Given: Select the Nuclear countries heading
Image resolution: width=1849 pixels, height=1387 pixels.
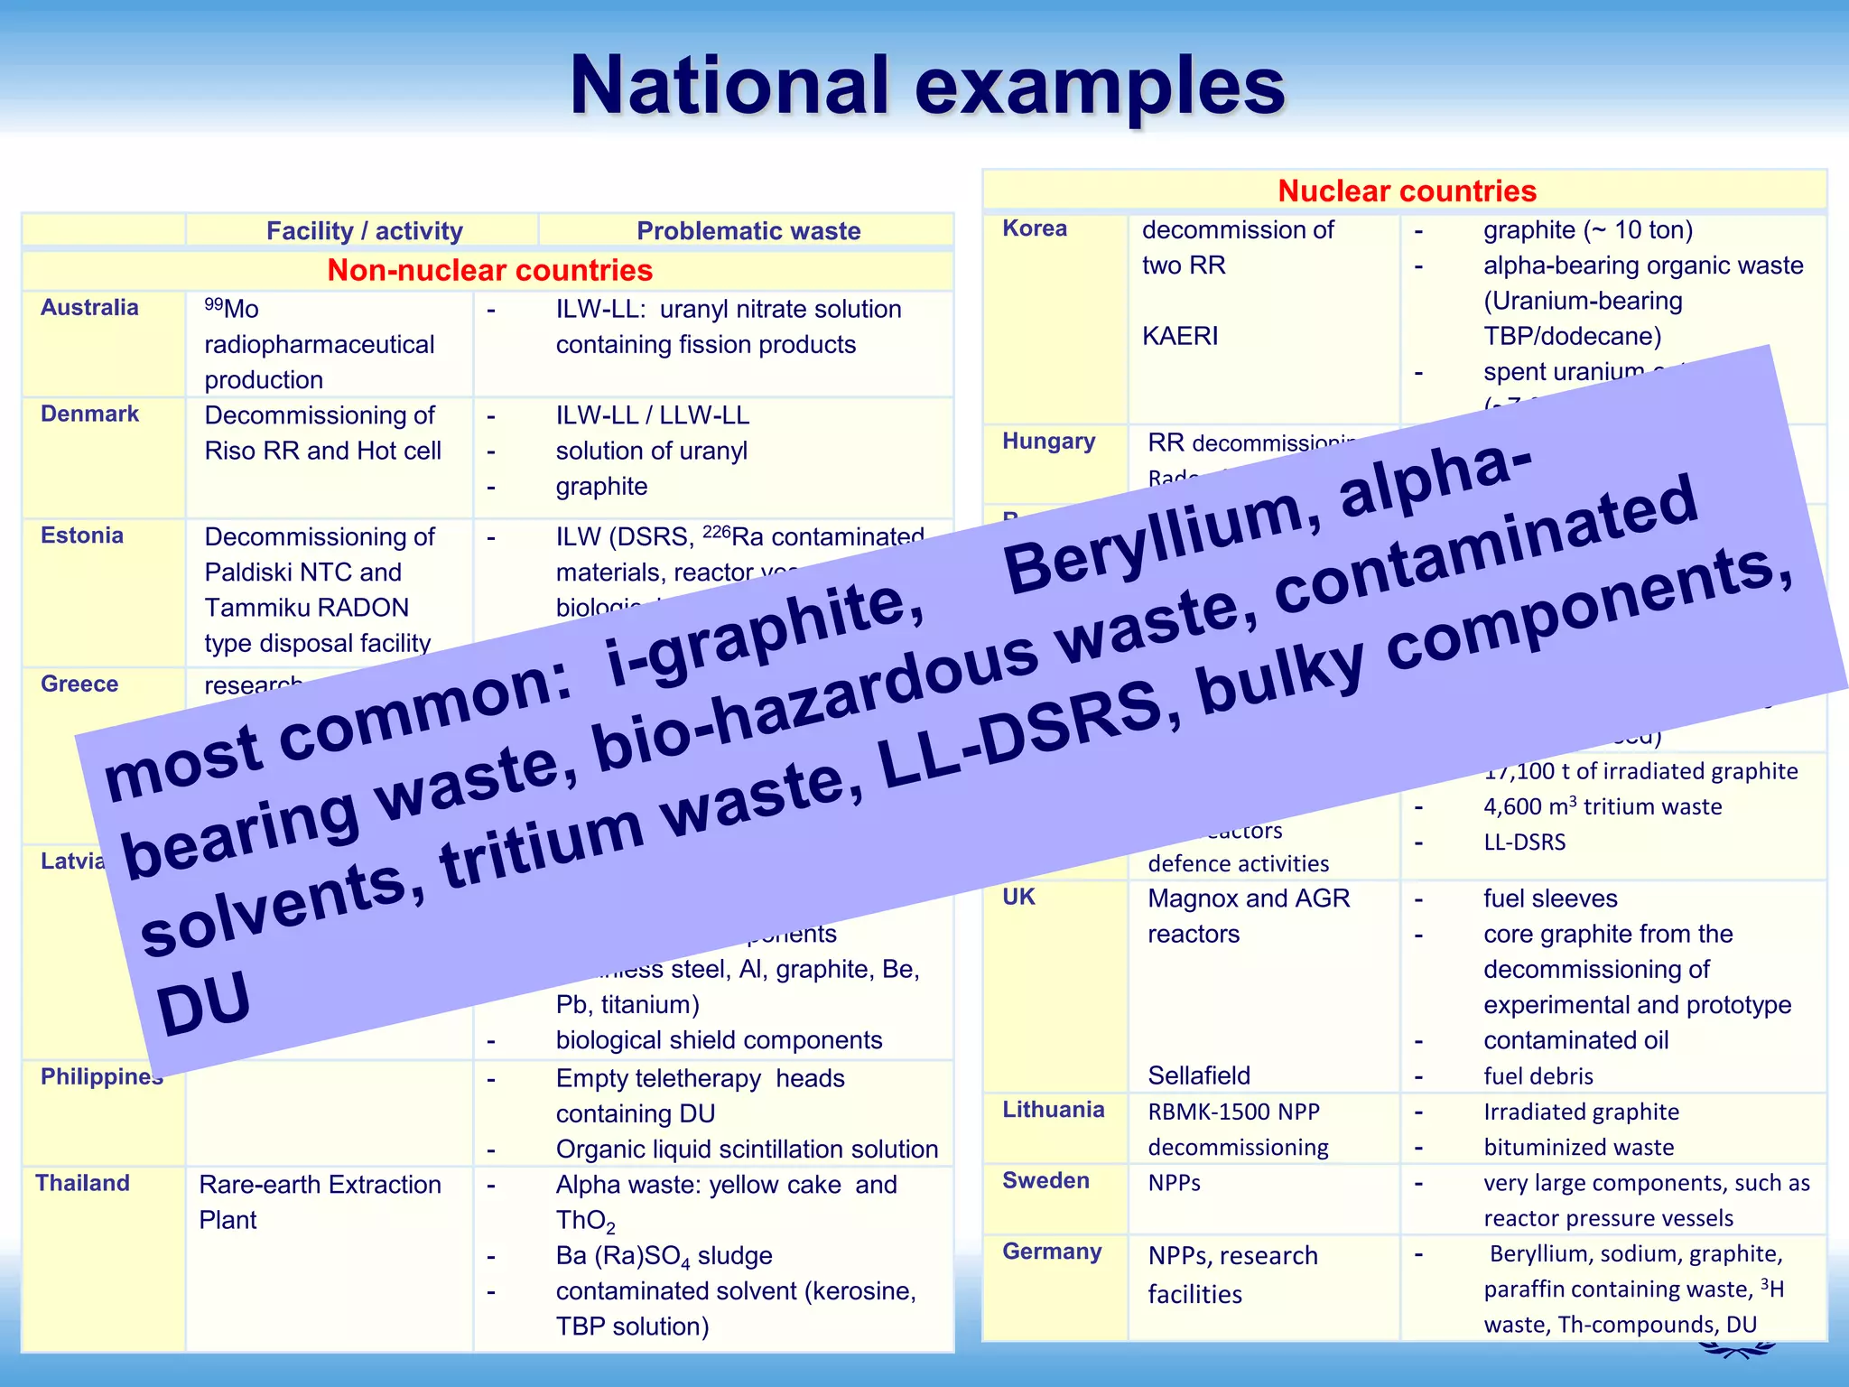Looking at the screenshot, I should (x=1406, y=191).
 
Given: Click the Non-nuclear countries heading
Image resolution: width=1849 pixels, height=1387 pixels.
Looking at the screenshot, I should (x=489, y=270).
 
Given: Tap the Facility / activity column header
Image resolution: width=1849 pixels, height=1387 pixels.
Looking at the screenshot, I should (x=364, y=231).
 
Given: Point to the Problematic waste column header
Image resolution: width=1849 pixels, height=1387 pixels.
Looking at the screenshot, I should (x=748, y=231).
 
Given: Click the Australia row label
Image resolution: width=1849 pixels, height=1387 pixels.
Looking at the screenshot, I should (x=89, y=308).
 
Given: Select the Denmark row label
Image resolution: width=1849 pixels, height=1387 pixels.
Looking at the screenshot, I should (x=89, y=414).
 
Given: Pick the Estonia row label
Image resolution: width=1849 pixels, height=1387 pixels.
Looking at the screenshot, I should (x=82, y=535).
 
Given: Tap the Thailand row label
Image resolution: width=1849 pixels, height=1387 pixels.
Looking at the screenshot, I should (x=82, y=1183).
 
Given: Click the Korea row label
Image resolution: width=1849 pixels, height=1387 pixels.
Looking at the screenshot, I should (x=1035, y=228).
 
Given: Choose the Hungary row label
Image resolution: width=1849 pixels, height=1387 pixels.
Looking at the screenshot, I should (x=1048, y=442).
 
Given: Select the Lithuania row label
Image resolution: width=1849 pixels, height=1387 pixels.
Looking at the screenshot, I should (x=1053, y=1110).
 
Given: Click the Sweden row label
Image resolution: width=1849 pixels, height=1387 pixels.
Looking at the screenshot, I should (x=1045, y=1181).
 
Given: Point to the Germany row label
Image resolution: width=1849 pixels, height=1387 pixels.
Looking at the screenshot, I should (x=1052, y=1252).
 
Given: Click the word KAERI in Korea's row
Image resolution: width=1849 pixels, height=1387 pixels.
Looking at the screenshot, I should (x=1180, y=336).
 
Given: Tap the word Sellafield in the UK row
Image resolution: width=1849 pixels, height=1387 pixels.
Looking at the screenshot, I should (x=1199, y=1075).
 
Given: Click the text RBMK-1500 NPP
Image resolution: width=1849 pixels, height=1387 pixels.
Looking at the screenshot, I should (x=1233, y=1112).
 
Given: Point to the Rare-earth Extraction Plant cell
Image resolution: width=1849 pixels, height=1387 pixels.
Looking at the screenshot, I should (x=320, y=1201).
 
